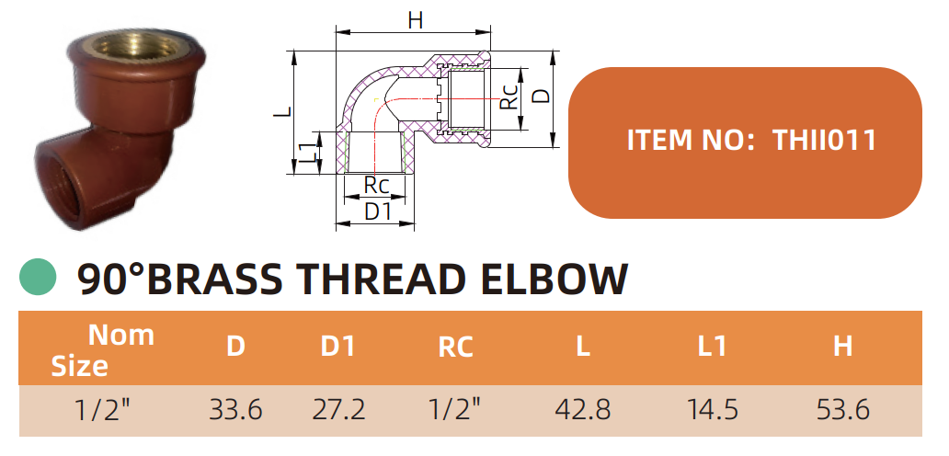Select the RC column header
pyautogui.click(x=455, y=348)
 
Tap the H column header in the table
pyautogui.click(x=842, y=347)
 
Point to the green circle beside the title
pyautogui.click(x=39, y=277)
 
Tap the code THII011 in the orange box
pyautogui.click(x=824, y=141)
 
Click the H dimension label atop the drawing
pyautogui.click(x=415, y=19)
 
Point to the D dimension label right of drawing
pyautogui.click(x=542, y=95)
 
